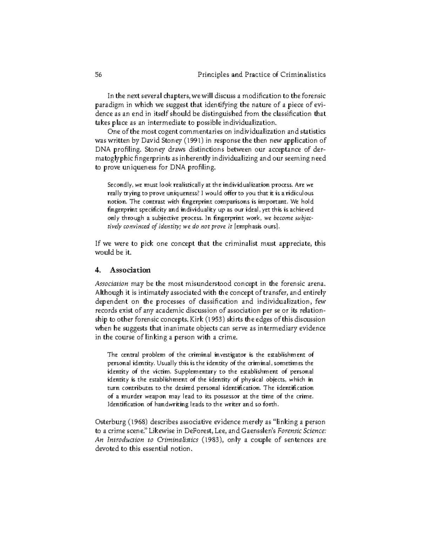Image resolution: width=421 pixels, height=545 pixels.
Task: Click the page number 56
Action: (99, 74)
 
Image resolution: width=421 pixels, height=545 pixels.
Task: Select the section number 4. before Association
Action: (98, 270)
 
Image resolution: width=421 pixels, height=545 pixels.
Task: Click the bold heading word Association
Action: (130, 270)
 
